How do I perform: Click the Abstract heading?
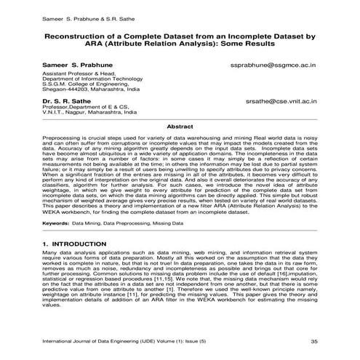(x=180, y=127)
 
